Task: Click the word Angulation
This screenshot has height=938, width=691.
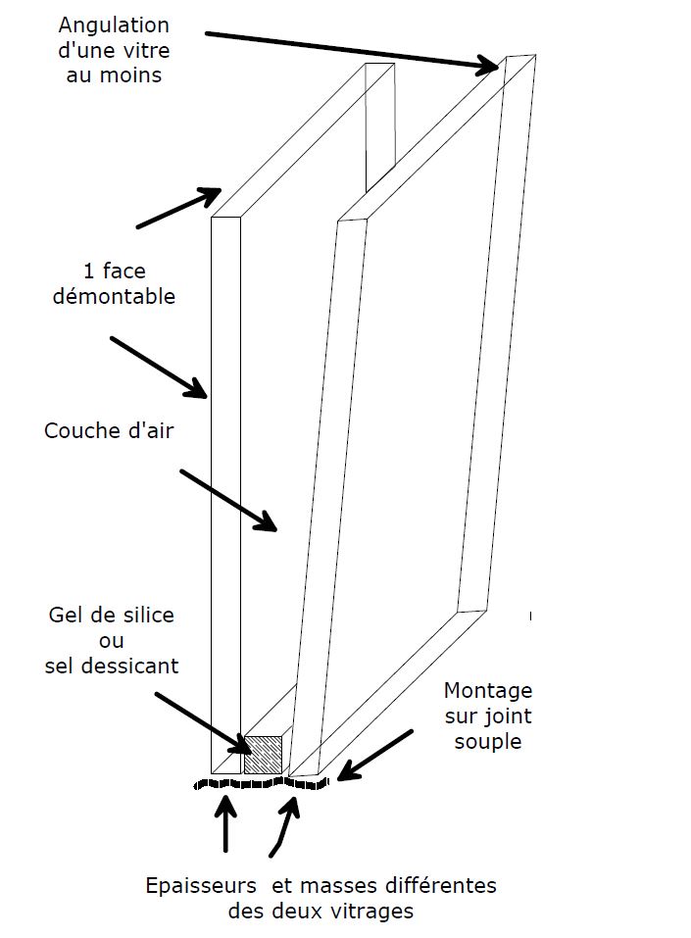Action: (114, 26)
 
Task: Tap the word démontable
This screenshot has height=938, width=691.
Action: (114, 296)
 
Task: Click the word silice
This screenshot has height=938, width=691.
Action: (144, 615)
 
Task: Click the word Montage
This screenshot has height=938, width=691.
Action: (488, 692)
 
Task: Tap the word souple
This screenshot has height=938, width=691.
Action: (488, 742)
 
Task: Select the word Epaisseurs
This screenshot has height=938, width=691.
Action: (201, 886)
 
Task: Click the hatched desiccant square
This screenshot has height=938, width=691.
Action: (263, 755)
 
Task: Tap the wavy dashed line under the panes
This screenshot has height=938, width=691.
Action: (261, 783)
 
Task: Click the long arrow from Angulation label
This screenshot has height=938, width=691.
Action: (353, 52)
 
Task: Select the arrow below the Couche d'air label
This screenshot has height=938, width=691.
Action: (228, 500)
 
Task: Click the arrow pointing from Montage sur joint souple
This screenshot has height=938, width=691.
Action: (375, 756)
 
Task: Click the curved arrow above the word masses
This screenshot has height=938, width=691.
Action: (285, 826)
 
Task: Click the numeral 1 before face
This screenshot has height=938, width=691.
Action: (88, 271)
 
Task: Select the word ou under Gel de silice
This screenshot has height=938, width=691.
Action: (112, 641)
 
